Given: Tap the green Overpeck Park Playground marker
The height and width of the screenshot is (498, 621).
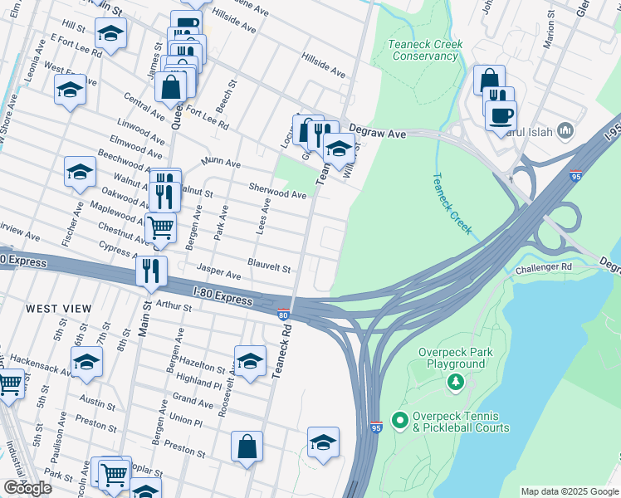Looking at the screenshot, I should tap(454, 382).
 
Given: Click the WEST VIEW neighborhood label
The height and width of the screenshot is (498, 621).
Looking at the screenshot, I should tap(58, 309).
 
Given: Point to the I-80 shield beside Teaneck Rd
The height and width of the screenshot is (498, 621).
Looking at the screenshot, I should tap(283, 315).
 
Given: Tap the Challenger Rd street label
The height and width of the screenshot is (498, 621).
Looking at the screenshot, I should tap(544, 268).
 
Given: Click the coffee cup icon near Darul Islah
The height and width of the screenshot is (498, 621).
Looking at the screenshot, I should tap(501, 115).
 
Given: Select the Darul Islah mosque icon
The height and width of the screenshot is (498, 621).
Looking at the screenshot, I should tap(565, 129).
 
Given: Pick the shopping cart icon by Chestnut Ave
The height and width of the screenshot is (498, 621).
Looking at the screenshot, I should tap(160, 226).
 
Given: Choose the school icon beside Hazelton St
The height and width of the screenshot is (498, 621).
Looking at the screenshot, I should tap(250, 359).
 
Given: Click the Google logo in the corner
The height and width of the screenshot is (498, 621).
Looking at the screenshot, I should tap(27, 488).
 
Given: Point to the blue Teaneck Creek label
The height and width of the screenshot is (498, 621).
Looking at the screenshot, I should tap(452, 203).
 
